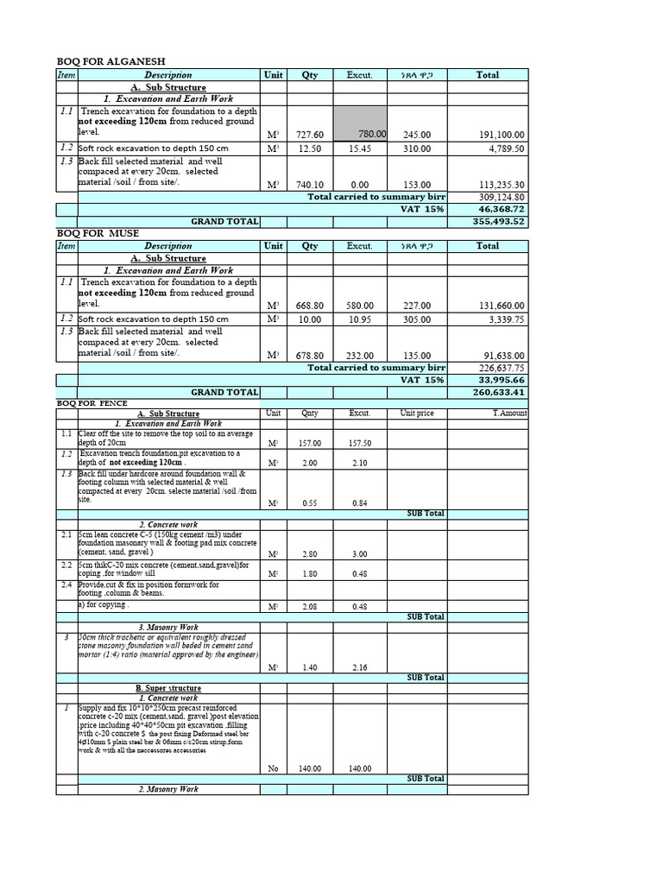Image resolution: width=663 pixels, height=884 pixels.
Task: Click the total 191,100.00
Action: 496,136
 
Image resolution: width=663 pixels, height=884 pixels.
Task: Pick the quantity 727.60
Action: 309,136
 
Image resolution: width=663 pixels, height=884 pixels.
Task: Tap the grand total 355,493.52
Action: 496,222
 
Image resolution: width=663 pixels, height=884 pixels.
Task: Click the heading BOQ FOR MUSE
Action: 97,234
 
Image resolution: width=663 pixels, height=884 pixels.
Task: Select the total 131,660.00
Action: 496,306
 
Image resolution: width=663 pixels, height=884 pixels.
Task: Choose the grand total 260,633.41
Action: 496,392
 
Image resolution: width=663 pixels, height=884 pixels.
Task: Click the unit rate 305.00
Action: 416,319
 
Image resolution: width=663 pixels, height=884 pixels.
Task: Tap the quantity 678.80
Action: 309,356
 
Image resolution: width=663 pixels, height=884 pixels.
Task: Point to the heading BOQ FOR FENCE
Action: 92,403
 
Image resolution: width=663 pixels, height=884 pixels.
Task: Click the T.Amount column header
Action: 509,414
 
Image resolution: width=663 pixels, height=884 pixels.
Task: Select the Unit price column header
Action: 417,414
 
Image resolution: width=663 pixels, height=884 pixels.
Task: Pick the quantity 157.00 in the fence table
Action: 309,444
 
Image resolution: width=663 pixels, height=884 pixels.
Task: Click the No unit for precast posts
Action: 274,769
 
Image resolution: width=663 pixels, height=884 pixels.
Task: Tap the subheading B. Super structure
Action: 168,688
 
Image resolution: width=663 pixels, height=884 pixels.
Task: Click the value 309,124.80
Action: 498,198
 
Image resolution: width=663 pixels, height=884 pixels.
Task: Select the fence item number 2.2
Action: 66,565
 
